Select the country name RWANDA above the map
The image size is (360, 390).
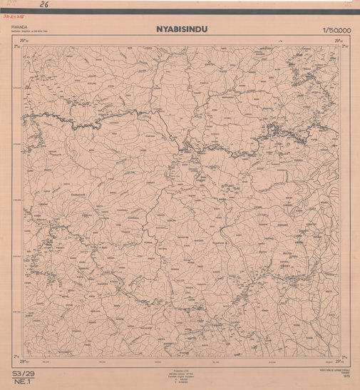(20, 27)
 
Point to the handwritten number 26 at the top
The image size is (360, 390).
(44, 4)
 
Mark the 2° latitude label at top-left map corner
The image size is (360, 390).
(15, 46)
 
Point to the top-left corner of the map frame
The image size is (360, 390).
(22, 46)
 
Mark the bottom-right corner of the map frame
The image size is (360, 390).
(339, 357)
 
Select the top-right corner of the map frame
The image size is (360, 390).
(339, 46)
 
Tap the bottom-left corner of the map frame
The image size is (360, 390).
(22, 357)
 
